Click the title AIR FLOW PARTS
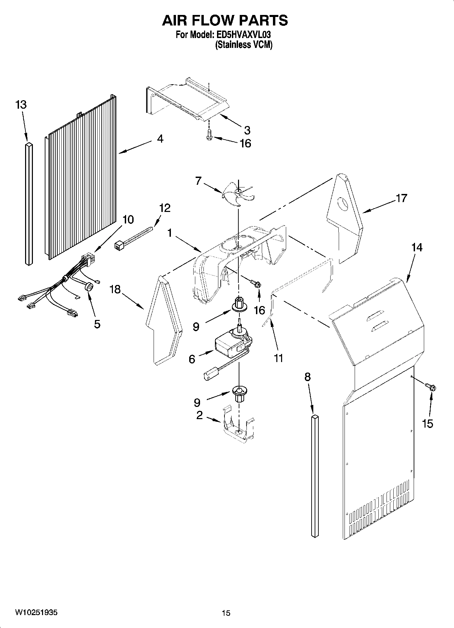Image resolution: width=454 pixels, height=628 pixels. coord(225,21)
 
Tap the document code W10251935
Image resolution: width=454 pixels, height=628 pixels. coord(36,612)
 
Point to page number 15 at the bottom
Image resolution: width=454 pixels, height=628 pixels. coord(226,613)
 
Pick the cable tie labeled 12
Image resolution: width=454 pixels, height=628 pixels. coord(134,239)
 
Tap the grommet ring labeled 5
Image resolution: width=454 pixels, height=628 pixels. coord(90,287)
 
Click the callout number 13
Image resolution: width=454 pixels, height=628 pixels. coord(21,105)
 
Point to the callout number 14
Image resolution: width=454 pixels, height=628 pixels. coord(417,248)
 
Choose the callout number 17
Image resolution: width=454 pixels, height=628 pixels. coord(401,198)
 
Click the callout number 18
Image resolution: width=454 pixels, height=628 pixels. coord(115,290)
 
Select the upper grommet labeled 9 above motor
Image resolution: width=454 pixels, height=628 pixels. coord(239,305)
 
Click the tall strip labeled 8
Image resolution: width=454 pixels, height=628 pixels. coord(315,476)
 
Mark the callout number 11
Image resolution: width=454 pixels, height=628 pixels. coord(278,358)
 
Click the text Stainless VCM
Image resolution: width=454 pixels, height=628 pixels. coord(244,44)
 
